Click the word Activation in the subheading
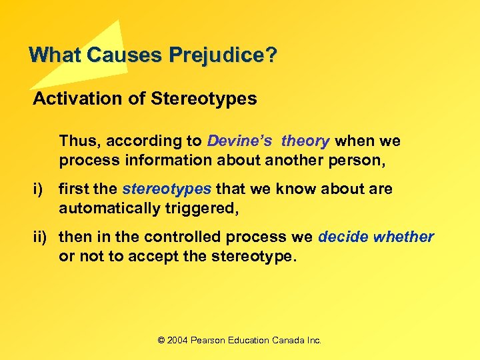point(66,99)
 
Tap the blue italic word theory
point(305,141)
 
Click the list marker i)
point(39,189)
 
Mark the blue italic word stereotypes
point(167,189)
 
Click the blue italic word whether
point(404,237)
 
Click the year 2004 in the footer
point(177,340)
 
